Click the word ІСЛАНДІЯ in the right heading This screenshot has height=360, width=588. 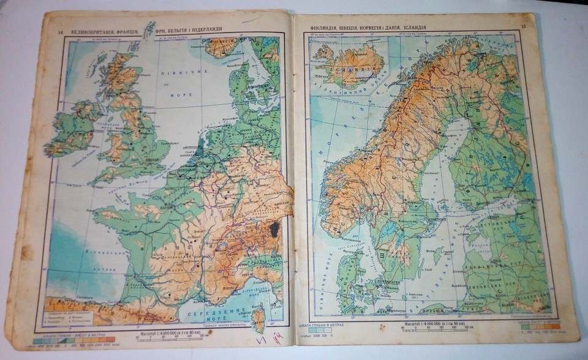click(441, 26)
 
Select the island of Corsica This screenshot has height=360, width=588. click(259, 319)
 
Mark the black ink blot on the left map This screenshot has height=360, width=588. click(274, 230)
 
